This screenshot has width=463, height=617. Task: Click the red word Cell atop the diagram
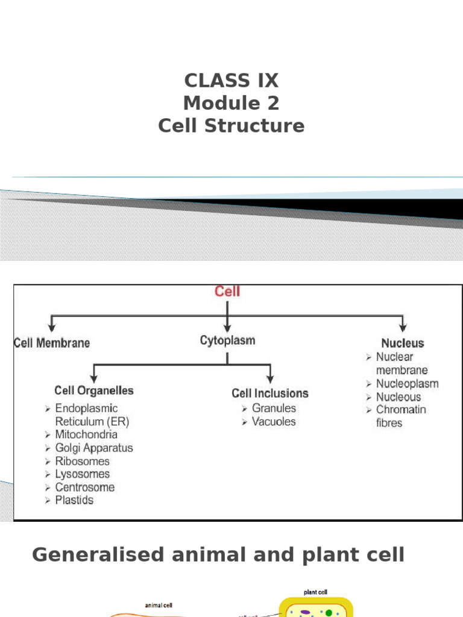[x=227, y=292]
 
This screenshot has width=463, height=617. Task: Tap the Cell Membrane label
[x=52, y=343]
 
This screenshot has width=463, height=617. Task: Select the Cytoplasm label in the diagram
[x=227, y=340]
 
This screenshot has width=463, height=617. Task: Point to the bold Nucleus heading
[x=402, y=343]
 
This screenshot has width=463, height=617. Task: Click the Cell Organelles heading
[x=94, y=390]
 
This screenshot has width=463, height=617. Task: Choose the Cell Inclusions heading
[x=270, y=393]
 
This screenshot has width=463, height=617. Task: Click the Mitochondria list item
[x=86, y=434]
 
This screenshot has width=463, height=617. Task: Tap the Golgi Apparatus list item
[x=94, y=448]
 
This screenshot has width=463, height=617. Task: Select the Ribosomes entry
[x=83, y=461]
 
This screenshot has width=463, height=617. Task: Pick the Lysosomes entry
[x=83, y=474]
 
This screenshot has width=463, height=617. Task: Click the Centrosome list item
[x=85, y=487]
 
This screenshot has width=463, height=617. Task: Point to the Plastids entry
[x=75, y=500]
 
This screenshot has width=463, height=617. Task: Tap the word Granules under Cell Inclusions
[x=274, y=408]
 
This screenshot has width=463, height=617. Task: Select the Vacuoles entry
[x=274, y=421]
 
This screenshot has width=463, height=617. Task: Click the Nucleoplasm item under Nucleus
[x=408, y=383]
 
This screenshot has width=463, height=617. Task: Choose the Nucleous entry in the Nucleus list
[x=398, y=396]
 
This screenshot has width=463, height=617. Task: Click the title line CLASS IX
[x=231, y=80]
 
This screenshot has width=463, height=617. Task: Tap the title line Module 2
[x=231, y=103]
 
